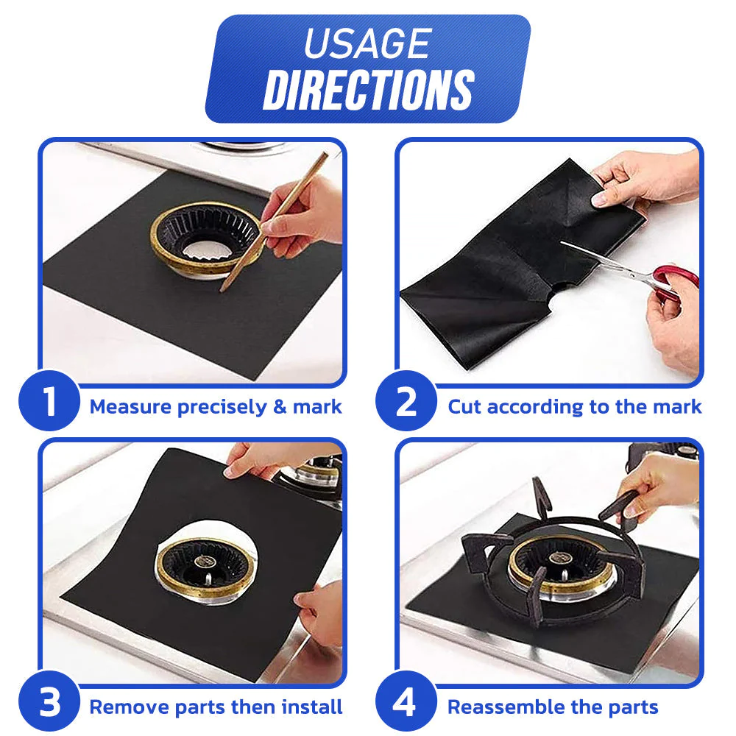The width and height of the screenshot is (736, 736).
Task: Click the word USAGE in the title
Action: click(367, 43)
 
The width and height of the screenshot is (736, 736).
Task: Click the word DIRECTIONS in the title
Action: click(368, 91)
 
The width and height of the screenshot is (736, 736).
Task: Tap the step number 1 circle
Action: click(49, 402)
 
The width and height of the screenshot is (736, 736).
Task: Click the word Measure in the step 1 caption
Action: click(130, 407)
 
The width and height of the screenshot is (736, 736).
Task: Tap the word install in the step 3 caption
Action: click(311, 708)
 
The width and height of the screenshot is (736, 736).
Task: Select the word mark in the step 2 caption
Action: click(676, 407)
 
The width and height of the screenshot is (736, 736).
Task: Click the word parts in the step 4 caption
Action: click(630, 708)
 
